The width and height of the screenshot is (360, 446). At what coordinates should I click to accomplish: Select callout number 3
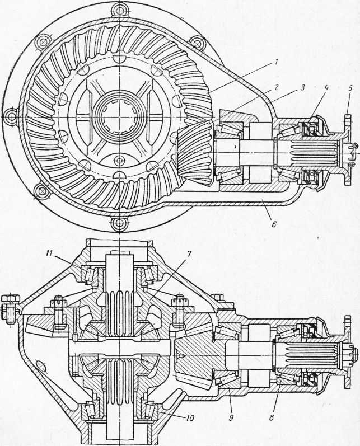click(302, 87)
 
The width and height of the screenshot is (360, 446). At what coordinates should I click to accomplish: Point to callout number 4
click(326, 88)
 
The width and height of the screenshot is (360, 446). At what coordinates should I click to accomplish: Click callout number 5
click(350, 88)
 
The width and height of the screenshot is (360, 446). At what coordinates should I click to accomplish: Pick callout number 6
click(273, 224)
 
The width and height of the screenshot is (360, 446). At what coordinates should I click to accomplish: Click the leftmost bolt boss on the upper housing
click(12, 116)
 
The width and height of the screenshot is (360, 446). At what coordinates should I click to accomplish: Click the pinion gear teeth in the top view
click(194, 152)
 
